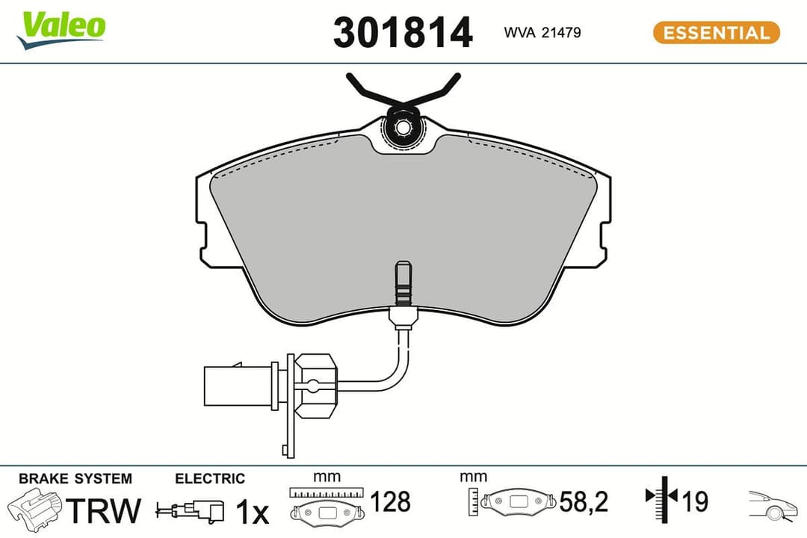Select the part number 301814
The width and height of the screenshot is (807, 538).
(402, 33)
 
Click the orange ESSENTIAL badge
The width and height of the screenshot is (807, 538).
(716, 33)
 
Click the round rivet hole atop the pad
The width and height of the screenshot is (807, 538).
(403, 128)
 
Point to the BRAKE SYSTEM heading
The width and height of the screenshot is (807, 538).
(75, 479)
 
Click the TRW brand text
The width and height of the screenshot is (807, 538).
(104, 510)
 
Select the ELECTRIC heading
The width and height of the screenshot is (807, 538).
(209, 479)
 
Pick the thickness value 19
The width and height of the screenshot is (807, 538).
(695, 501)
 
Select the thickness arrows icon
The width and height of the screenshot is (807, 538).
(661, 498)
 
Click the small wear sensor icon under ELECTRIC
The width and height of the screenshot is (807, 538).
(190, 511)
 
